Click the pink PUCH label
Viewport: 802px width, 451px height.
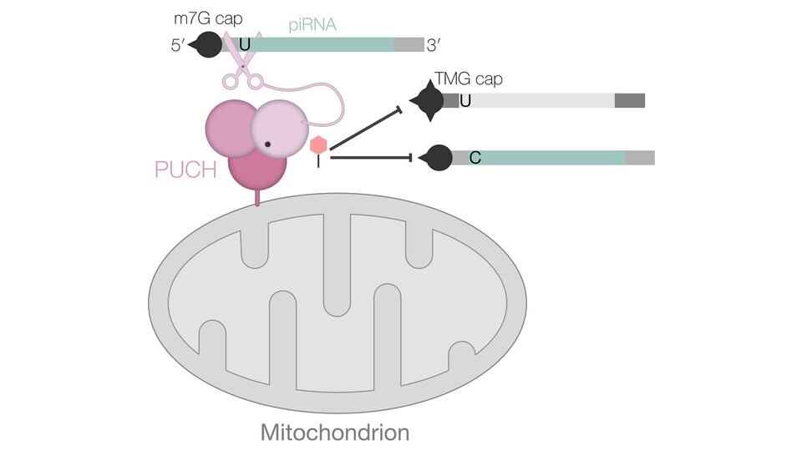185,169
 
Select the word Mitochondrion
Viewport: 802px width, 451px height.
335,433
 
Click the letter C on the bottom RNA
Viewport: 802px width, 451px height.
475,157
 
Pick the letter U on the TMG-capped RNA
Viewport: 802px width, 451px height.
465,101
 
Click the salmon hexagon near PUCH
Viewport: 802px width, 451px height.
318,145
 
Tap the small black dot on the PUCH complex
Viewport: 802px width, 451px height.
266,144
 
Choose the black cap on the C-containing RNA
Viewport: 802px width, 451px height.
437,157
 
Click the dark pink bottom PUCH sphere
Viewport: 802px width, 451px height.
257,170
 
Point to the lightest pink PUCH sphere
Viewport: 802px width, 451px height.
279,129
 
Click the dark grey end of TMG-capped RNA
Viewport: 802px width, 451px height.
630,101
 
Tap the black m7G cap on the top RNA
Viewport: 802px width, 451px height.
207,44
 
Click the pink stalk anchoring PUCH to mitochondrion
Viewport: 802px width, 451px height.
257,199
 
